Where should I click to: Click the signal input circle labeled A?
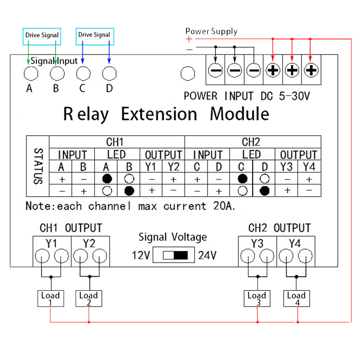(x=31, y=73)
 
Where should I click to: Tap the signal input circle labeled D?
(x=110, y=73)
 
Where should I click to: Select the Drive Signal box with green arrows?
(x=42, y=36)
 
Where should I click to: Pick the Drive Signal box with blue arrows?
(x=95, y=36)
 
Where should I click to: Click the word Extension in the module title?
(x=159, y=114)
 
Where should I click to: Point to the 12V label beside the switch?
(x=141, y=256)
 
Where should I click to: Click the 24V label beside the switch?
(x=207, y=256)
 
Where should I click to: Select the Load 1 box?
(x=50, y=298)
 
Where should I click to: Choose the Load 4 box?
(x=296, y=298)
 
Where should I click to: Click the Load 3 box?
(x=257, y=298)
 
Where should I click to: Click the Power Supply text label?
(x=211, y=31)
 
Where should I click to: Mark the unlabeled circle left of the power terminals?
(x=187, y=73)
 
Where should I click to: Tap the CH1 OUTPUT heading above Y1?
(x=71, y=228)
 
